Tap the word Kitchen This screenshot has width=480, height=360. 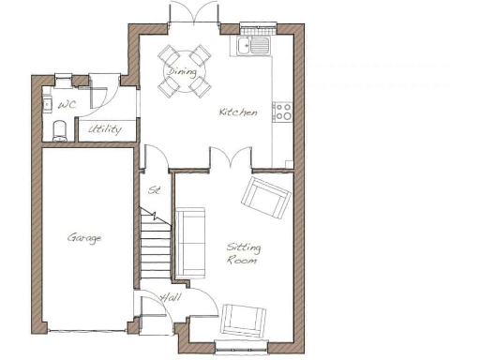click(238, 112)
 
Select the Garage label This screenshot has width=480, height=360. click(84, 238)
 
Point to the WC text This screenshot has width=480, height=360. click(67, 105)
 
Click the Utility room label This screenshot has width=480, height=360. click(104, 129)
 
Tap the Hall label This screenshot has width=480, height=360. click(171, 297)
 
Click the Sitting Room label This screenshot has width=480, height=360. click(243, 253)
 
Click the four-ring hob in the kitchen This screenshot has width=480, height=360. click(282, 112)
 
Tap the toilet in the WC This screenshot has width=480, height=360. click(58, 128)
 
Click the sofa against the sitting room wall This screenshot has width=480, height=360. click(190, 244)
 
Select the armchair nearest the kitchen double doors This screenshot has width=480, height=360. click(265, 196)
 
